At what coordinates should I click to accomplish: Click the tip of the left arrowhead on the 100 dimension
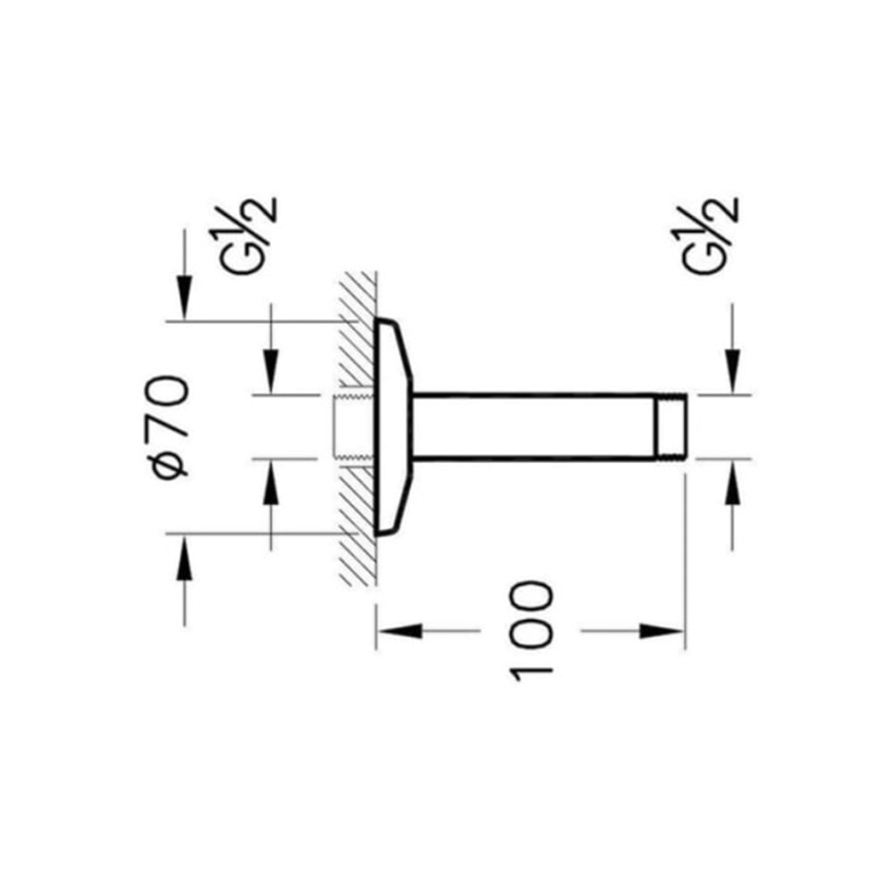pyautogui.click(x=377, y=631)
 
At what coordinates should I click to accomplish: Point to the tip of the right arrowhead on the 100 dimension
pyautogui.click(x=684, y=631)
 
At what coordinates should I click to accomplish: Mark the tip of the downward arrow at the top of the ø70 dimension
pyautogui.click(x=183, y=322)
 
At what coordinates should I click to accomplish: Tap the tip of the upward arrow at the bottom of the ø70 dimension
pyautogui.click(x=183, y=535)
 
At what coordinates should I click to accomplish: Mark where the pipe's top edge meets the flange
pyautogui.click(x=412, y=394)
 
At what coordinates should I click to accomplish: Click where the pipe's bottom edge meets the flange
pyautogui.click(x=412, y=457)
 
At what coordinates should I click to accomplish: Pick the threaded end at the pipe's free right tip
pyautogui.click(x=670, y=426)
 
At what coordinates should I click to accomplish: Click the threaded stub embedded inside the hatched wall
pyautogui.click(x=353, y=426)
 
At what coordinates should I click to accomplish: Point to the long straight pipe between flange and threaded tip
pyautogui.click(x=533, y=426)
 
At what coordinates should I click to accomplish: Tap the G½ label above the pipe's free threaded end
pyautogui.click(x=709, y=236)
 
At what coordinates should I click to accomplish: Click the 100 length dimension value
pyautogui.click(x=531, y=631)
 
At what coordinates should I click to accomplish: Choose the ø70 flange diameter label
pyautogui.click(x=171, y=426)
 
